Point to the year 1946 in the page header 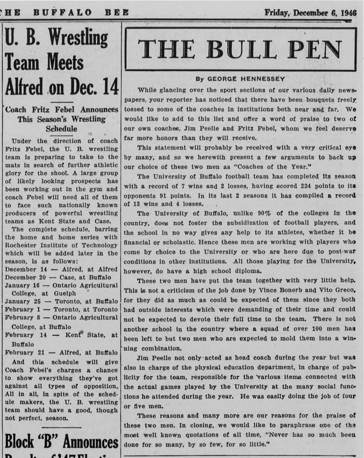click(348, 12)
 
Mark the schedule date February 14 click(24, 335)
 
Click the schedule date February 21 click(24, 352)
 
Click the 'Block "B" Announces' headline click(61, 442)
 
